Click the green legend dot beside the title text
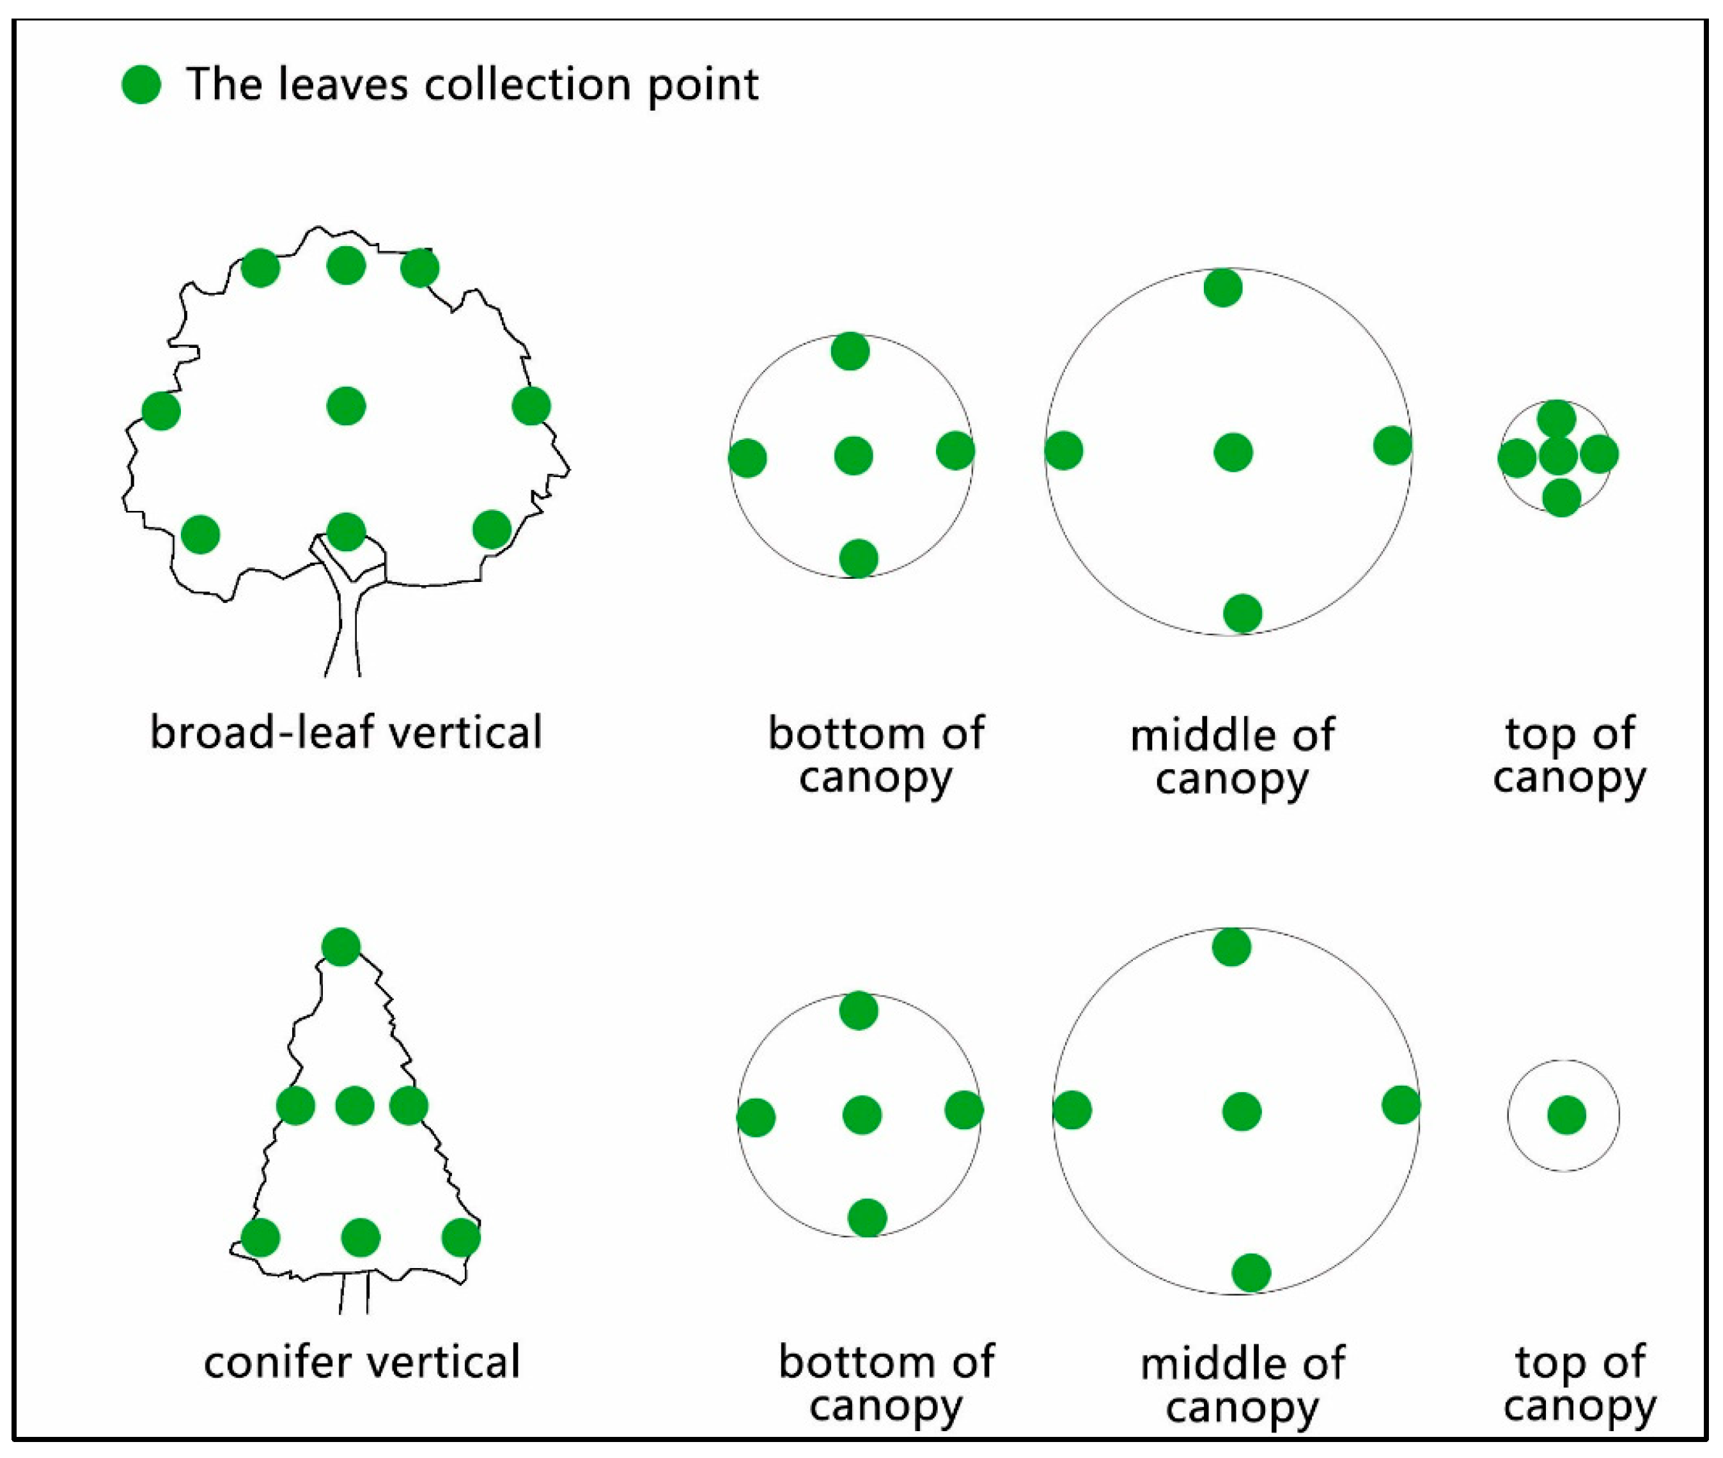point(141,84)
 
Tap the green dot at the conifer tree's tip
point(341,946)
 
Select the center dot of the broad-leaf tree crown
point(347,406)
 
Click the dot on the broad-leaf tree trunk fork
point(347,531)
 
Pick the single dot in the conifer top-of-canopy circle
point(1566,1115)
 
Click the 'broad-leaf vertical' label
point(345,732)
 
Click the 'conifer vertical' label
point(362,1361)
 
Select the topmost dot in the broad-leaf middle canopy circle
point(1223,288)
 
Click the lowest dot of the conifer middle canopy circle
point(1251,1272)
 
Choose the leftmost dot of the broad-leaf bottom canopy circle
point(747,458)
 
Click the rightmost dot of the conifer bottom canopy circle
point(963,1109)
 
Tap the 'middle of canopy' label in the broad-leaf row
point(1231,756)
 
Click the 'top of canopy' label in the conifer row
point(1579,1384)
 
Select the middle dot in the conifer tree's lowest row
point(361,1237)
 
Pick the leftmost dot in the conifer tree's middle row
point(295,1105)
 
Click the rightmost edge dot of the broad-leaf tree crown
point(531,406)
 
